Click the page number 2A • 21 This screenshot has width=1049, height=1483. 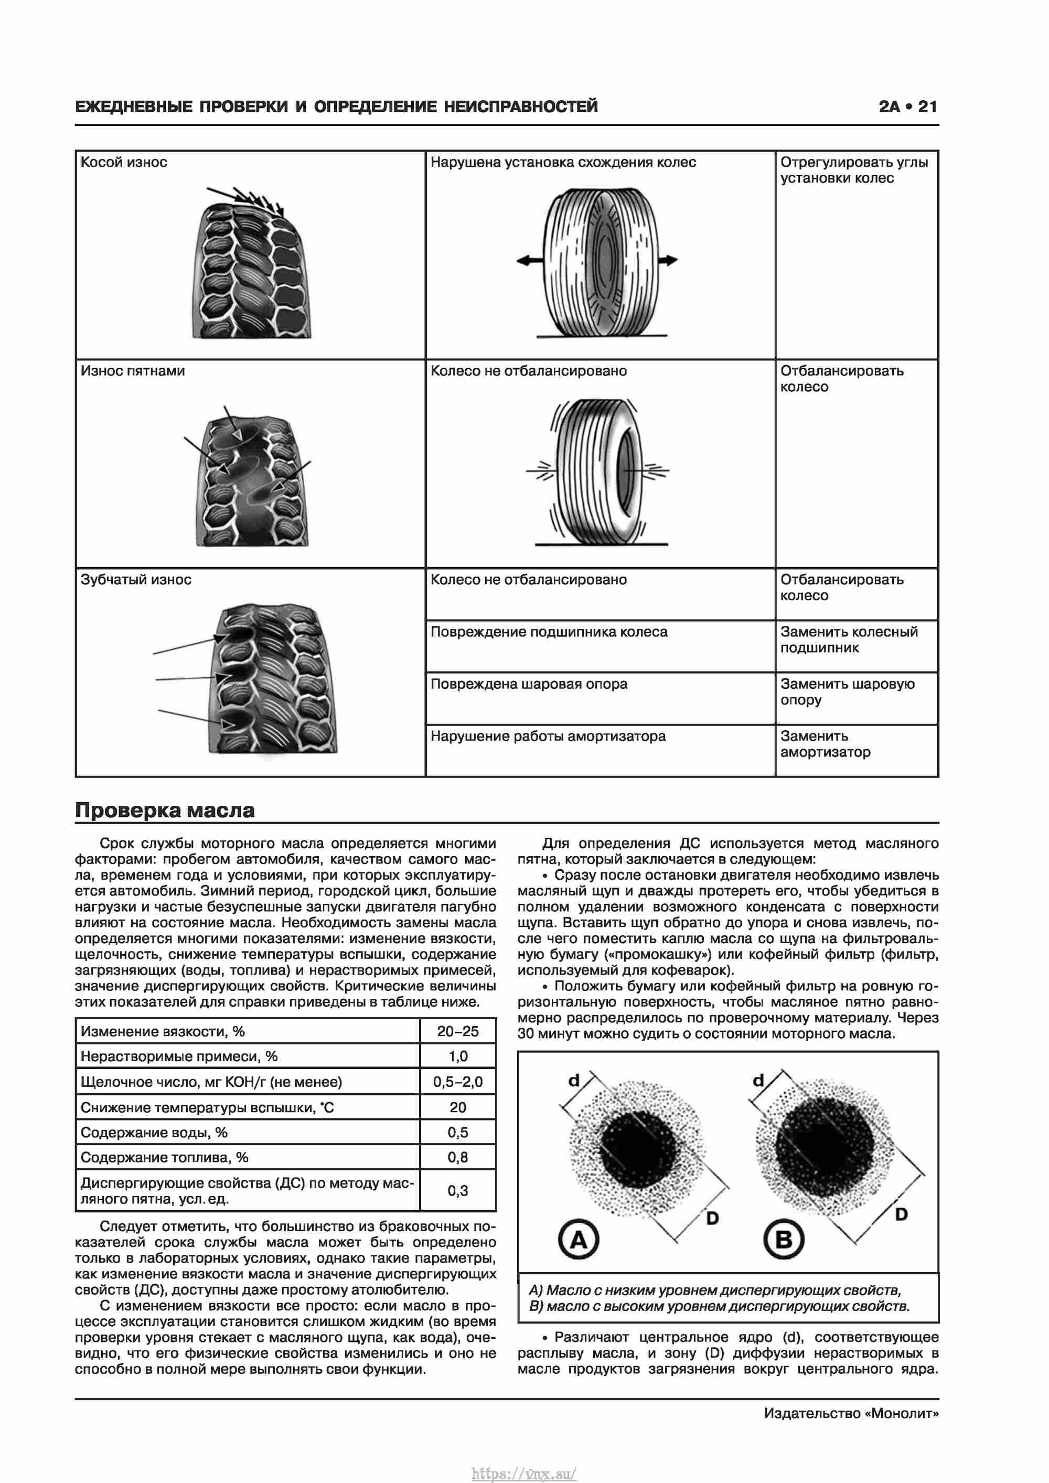coord(907,106)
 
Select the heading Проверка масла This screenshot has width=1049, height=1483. coord(165,810)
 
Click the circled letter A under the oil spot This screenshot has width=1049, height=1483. coord(578,1240)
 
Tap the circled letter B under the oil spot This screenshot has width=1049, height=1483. coord(783,1240)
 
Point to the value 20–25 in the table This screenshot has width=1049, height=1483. coord(457,1031)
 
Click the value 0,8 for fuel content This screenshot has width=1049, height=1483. coord(457,1157)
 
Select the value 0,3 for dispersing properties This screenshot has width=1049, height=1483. coord(457,1190)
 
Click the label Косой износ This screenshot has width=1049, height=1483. coord(123,162)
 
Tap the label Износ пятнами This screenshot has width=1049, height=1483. coord(132,371)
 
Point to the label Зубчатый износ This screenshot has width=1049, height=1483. coord(136,579)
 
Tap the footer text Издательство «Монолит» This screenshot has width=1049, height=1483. coord(851,1413)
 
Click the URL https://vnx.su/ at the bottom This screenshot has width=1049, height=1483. coord(524,1469)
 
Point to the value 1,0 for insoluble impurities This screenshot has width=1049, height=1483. coord(457,1056)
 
